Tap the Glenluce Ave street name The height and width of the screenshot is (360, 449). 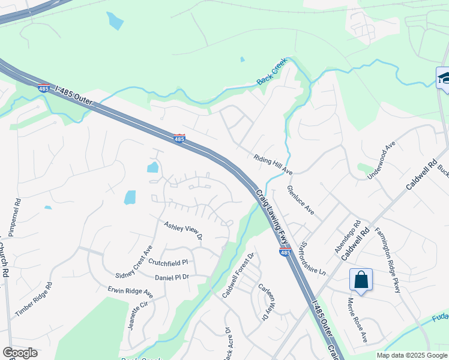[x=301, y=200]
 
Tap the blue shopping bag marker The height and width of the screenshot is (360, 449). [x=361, y=280]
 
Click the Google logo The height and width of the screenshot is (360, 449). [x=20, y=353]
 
